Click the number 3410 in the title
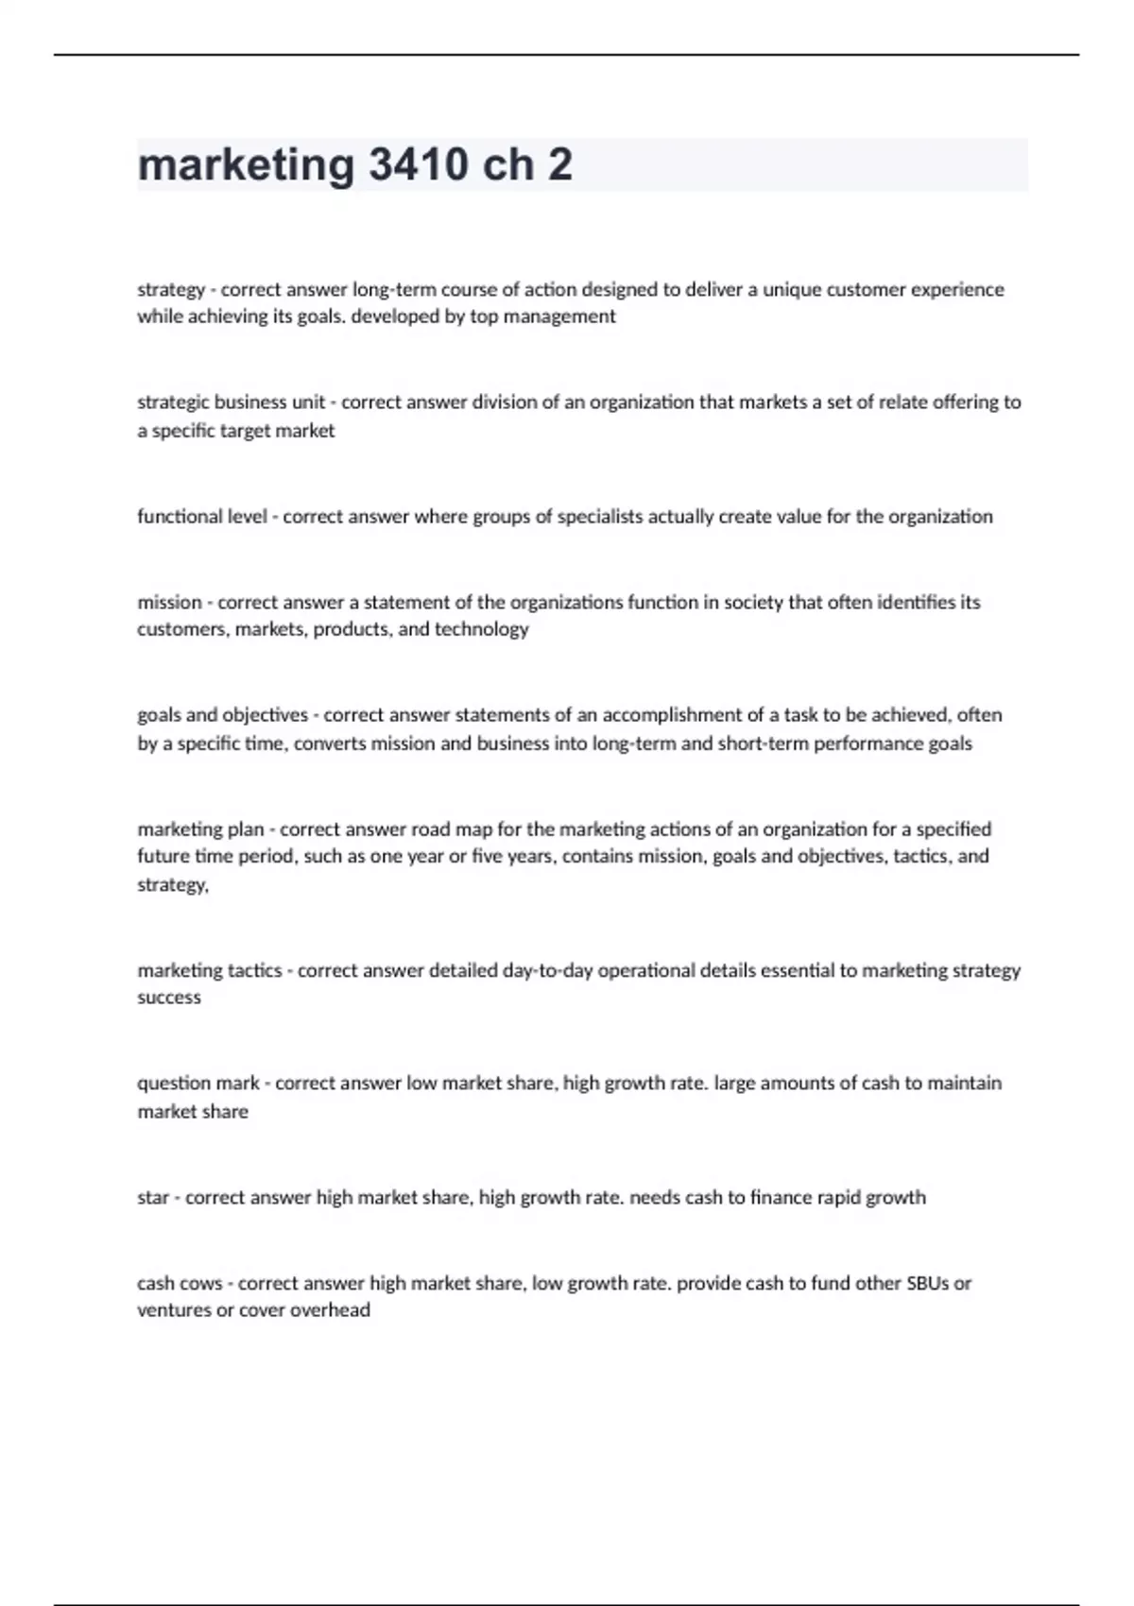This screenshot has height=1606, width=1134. click(418, 164)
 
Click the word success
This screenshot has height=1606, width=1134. click(169, 998)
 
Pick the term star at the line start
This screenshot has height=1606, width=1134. click(153, 1198)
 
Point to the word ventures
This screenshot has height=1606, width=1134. click(171, 1310)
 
